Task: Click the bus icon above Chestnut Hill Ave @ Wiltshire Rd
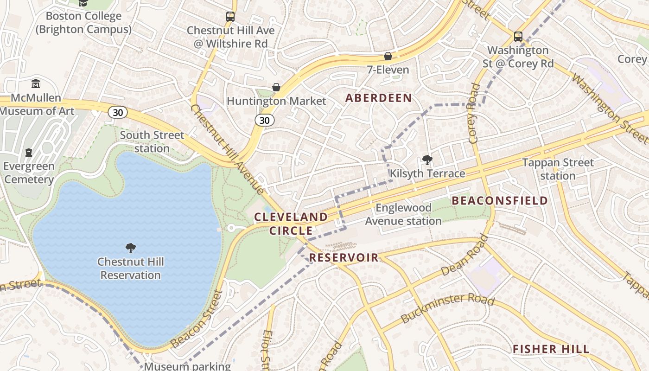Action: click(x=230, y=17)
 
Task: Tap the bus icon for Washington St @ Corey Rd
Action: click(x=518, y=36)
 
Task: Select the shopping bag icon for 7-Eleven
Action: click(x=388, y=56)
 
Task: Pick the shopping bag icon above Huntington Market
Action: click(x=276, y=87)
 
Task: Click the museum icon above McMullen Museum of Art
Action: click(x=36, y=84)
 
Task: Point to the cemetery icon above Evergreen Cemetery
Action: click(x=29, y=153)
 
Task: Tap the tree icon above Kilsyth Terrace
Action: click(x=427, y=160)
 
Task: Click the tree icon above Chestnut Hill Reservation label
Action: click(x=131, y=248)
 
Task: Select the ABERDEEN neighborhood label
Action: click(x=378, y=98)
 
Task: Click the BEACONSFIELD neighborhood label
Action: click(x=500, y=201)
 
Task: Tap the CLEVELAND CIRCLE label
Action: click(x=291, y=224)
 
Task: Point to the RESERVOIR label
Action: click(x=344, y=258)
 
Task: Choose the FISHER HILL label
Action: click(x=551, y=349)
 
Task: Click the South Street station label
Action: click(x=152, y=142)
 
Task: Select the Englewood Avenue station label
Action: click(x=403, y=214)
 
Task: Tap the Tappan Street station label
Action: click(x=558, y=169)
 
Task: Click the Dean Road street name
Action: click(x=465, y=256)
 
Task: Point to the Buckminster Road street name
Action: click(x=447, y=307)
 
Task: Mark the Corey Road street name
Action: click(x=474, y=113)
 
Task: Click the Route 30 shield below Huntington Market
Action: click(x=264, y=121)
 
